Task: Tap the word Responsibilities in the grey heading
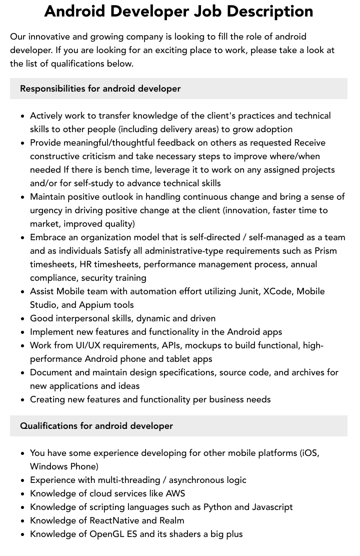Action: pyautogui.click(x=52, y=89)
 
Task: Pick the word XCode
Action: pyautogui.click(x=277, y=291)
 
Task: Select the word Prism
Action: pyautogui.click(x=325, y=251)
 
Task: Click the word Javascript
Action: pyautogui.click(x=272, y=507)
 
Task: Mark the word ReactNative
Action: pyautogui.click(x=113, y=520)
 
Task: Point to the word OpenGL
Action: pyautogui.click(x=106, y=534)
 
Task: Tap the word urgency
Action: pyautogui.click(x=47, y=210)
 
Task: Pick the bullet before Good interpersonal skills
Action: pyautogui.click(x=23, y=319)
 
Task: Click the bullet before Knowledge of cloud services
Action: pyautogui.click(x=23, y=494)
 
